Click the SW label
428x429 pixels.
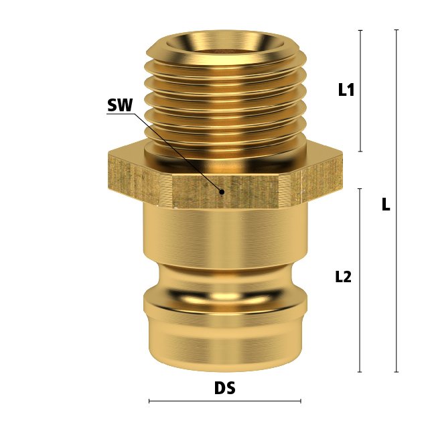[x=120, y=105]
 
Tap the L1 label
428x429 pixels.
[x=346, y=89]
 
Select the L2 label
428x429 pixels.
[x=343, y=277]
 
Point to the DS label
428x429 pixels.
[x=224, y=388]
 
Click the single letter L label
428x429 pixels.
[x=386, y=204]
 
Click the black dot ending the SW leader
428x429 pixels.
[x=222, y=192]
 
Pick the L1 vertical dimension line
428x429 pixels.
[x=360, y=91]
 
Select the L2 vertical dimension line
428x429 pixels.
[x=360, y=280]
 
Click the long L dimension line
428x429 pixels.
[x=397, y=201]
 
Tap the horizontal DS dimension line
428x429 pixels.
[x=224, y=401]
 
